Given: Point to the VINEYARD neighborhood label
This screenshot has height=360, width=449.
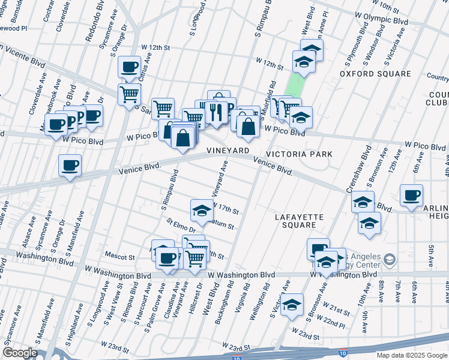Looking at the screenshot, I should tap(228, 150).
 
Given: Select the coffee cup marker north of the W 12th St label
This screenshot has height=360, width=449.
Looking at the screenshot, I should tap(129, 67).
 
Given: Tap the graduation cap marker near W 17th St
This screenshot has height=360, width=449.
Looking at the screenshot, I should tap(202, 211).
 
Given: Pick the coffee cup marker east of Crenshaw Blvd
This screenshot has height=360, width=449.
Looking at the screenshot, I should tap(411, 196).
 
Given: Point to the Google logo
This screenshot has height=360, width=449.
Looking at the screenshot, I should tap(19, 353).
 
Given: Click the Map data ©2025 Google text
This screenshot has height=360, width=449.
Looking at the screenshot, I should tap(412, 355).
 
